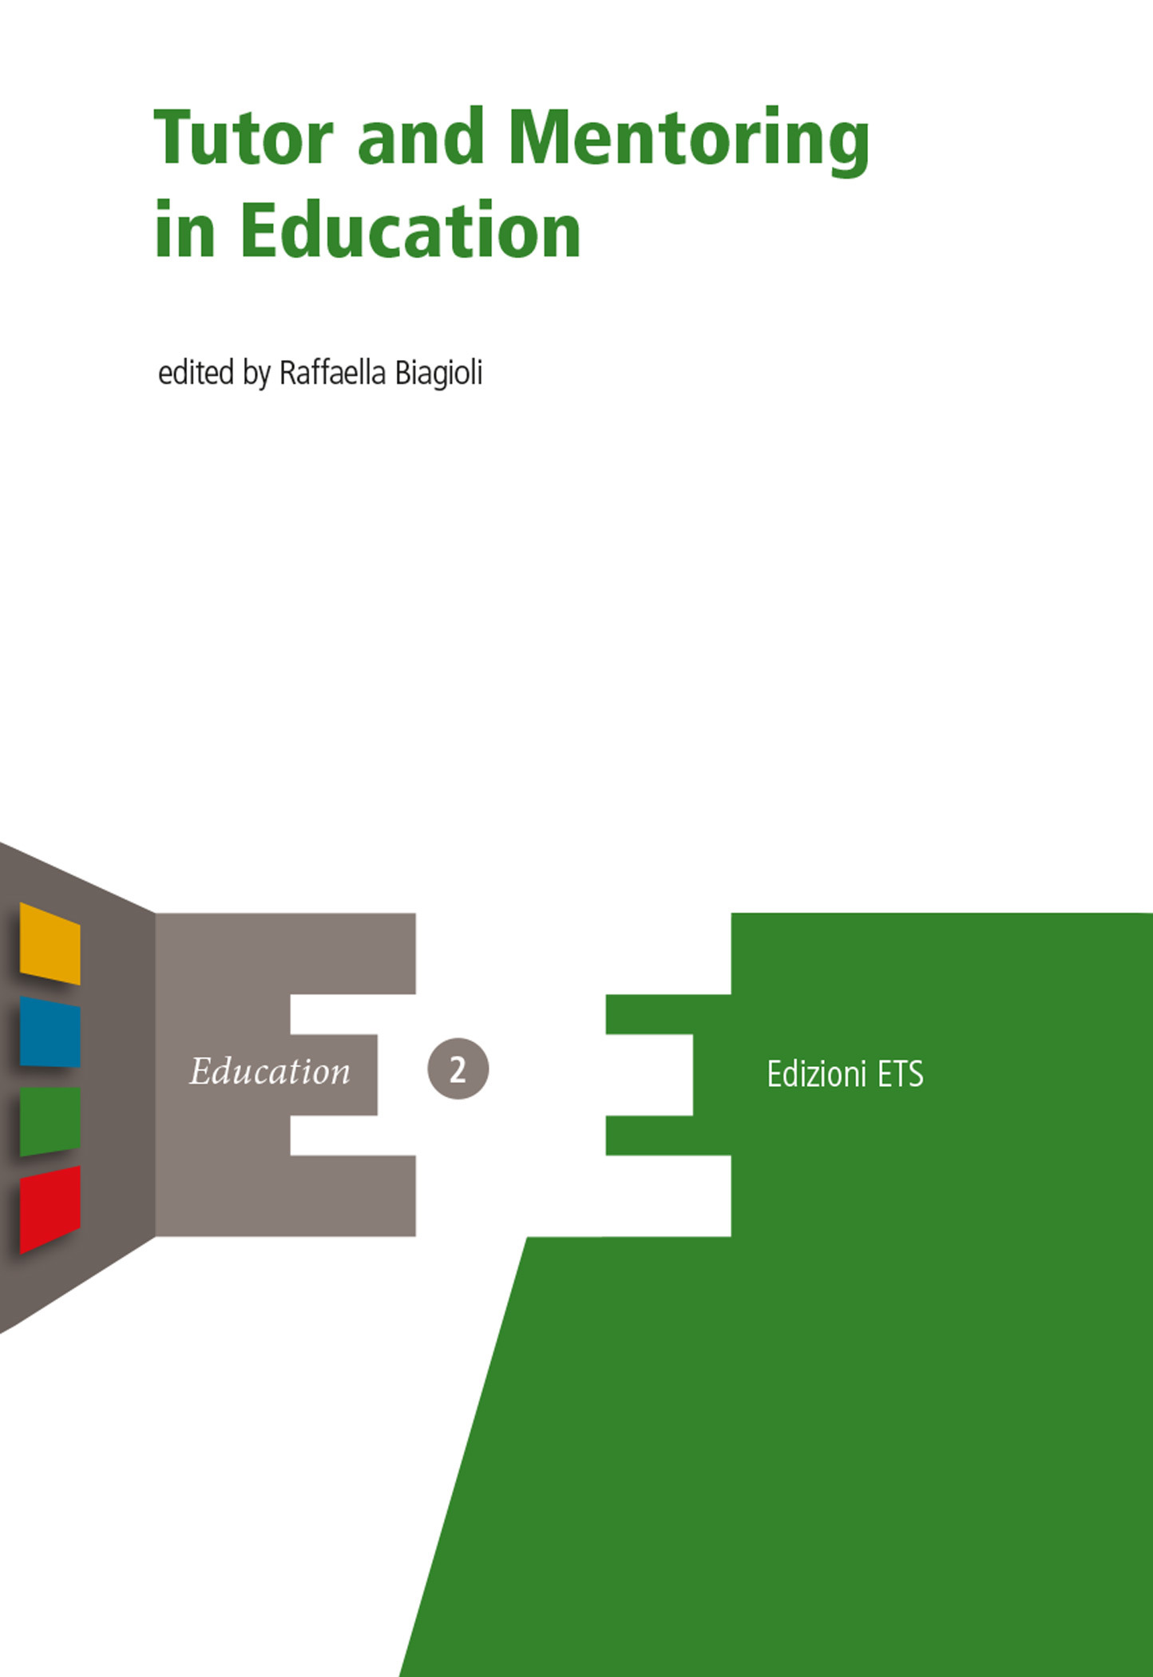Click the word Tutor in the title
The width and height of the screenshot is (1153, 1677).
243,137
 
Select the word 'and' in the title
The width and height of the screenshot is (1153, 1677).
421,137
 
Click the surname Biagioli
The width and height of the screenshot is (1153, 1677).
438,373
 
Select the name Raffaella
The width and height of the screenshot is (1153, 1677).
331,373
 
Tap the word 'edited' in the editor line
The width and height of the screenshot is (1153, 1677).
196,373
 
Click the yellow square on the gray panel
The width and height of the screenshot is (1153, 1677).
50,943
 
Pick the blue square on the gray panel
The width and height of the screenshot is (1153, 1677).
50,1032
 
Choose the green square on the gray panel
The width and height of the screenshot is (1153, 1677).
50,1120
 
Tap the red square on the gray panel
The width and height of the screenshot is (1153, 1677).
50,1207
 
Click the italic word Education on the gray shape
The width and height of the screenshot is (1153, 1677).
270,1072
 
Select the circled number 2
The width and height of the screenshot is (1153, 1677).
458,1069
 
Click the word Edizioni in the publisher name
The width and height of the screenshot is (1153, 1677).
816,1074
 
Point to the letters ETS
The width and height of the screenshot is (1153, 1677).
900,1074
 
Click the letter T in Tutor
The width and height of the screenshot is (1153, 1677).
172,137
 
